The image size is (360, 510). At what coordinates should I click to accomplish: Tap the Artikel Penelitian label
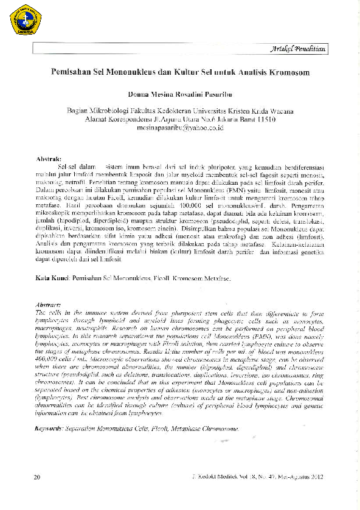[300, 49]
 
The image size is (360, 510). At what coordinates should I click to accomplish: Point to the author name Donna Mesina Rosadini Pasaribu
[180, 95]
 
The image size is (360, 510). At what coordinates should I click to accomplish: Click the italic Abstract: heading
[50, 303]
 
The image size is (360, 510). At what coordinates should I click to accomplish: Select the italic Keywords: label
[54, 428]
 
